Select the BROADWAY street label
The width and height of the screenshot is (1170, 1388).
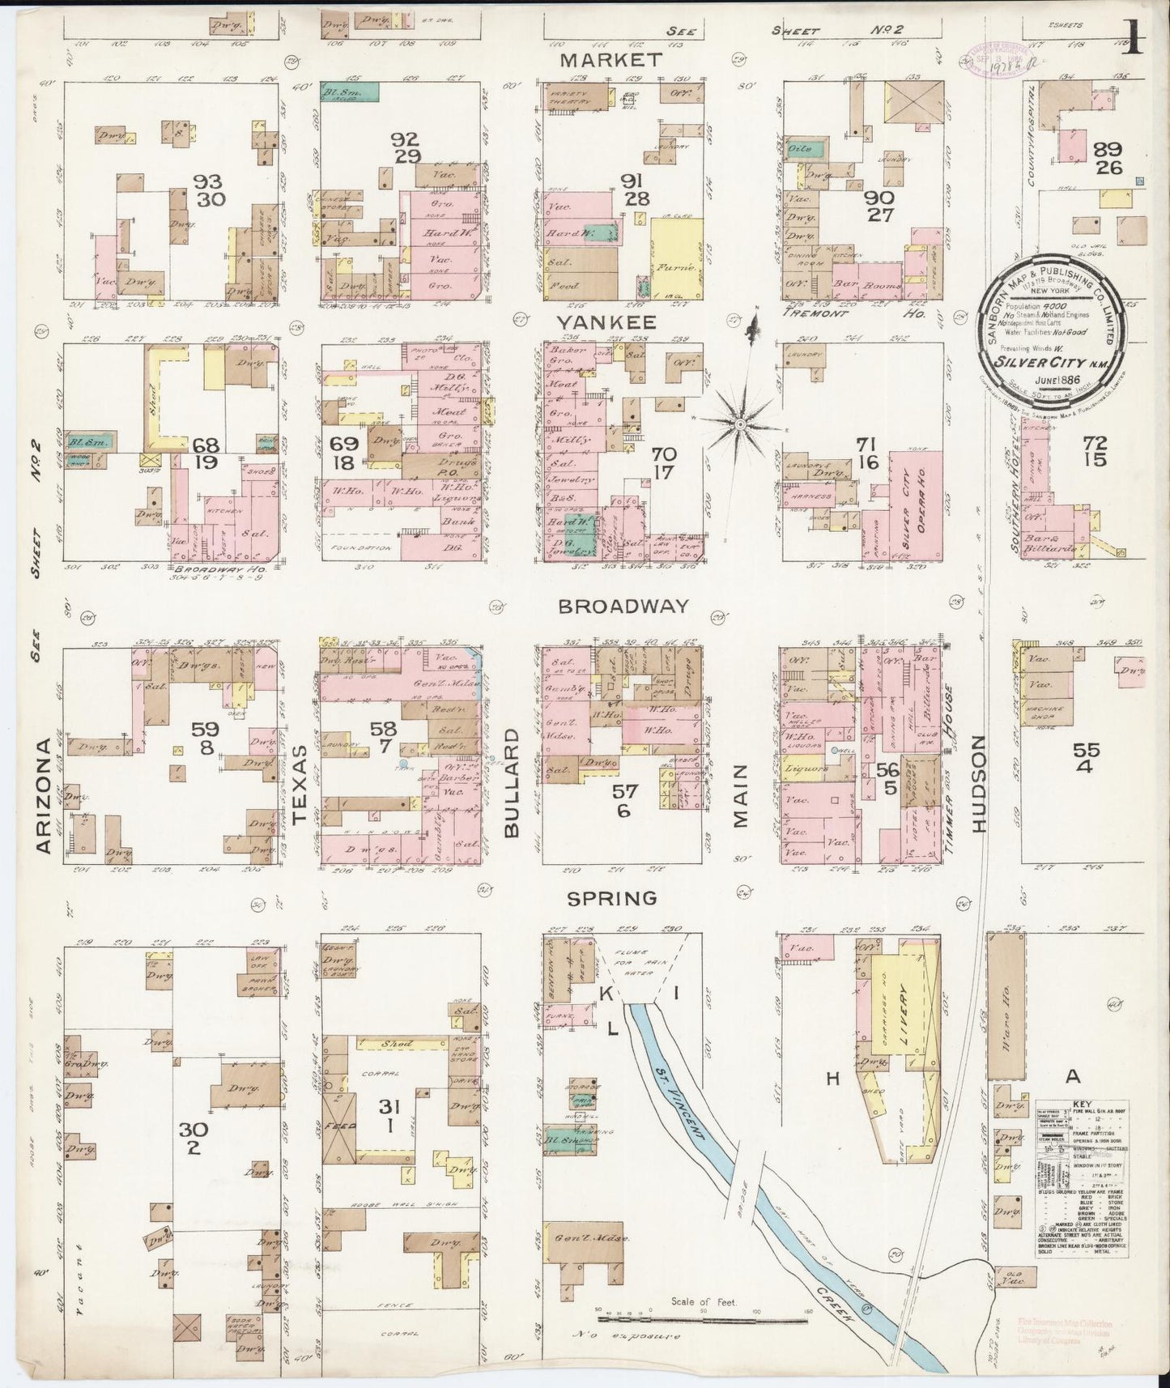point(623,606)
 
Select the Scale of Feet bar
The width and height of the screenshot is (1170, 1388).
point(702,1322)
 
